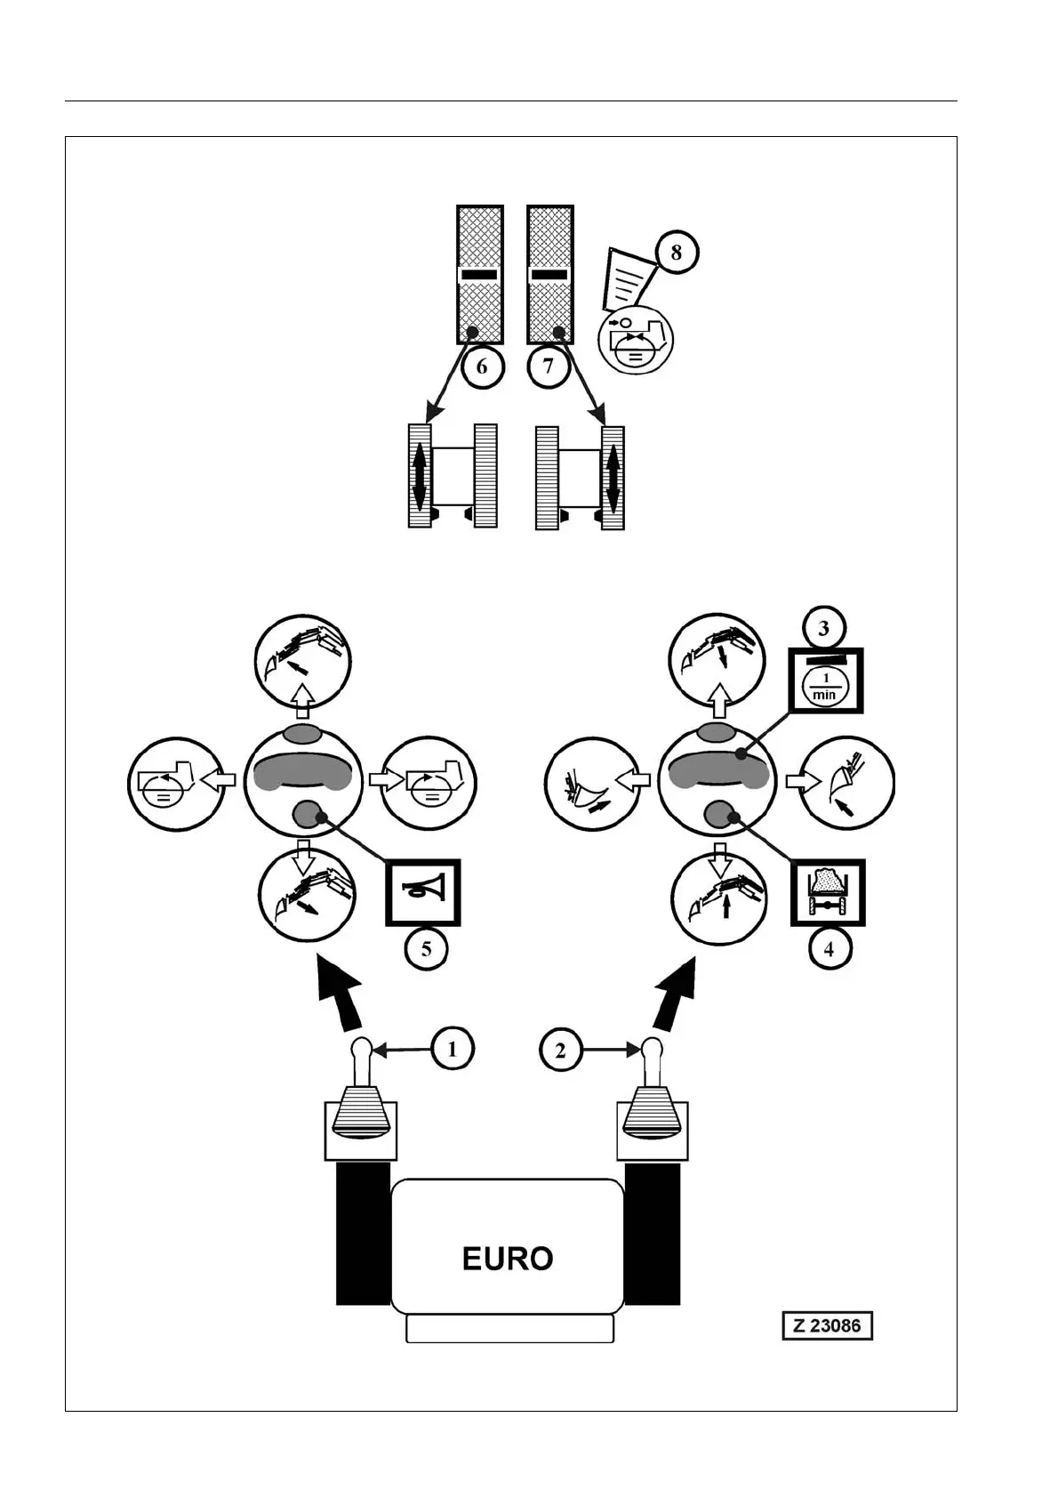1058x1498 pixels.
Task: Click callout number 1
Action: point(453,1050)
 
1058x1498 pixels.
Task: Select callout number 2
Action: point(560,1050)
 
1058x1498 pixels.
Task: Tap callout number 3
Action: point(824,628)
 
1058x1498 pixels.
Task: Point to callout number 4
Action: point(829,949)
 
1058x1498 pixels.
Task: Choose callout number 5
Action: point(427,949)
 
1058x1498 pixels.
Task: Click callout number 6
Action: point(482,366)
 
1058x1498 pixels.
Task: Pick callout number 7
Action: point(548,366)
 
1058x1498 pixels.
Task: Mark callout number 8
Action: point(677,253)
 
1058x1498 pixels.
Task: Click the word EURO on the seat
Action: point(508,1258)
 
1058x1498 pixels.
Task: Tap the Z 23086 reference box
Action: point(827,1325)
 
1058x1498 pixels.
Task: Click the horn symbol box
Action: point(422,892)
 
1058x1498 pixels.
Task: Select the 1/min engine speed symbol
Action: point(826,681)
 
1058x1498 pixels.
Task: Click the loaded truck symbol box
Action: point(828,892)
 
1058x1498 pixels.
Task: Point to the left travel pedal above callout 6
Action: point(480,274)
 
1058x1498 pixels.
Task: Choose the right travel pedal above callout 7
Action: point(549,274)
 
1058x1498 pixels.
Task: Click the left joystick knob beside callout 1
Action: point(362,1050)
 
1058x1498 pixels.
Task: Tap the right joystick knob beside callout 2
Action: point(653,1050)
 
